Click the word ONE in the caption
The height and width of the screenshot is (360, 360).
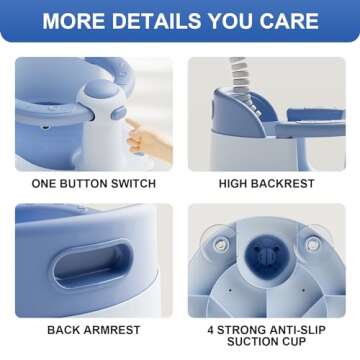pyautogui.click(x=47, y=184)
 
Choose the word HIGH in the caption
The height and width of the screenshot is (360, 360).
pyautogui.click(x=236, y=184)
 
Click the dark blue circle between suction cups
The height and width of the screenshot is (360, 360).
pyautogui.click(x=265, y=252)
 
